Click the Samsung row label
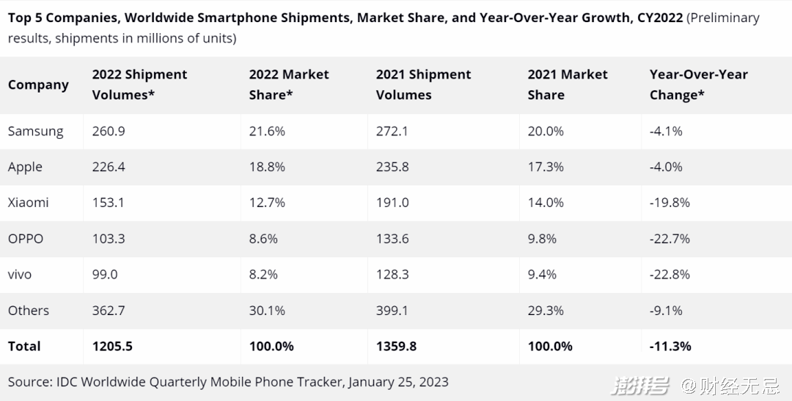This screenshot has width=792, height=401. click(35, 131)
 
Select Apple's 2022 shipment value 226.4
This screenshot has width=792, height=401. click(109, 167)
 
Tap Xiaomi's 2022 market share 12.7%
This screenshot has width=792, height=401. click(267, 202)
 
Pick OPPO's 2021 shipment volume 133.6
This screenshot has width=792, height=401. click(392, 239)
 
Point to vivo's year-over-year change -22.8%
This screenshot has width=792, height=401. click(670, 274)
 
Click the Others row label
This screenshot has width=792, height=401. click(29, 311)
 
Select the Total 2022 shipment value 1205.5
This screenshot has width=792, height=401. click(112, 346)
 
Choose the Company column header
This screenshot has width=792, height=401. click(38, 84)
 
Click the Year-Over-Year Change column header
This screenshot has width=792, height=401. click(698, 84)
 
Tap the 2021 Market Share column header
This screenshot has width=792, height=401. click(568, 84)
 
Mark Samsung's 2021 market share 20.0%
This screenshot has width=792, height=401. click(546, 131)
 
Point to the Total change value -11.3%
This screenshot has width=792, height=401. click(670, 346)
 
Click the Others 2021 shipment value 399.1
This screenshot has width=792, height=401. click(392, 311)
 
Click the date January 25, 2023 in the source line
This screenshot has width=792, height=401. click(398, 382)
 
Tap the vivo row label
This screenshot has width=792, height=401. click(20, 274)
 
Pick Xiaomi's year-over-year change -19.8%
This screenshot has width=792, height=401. click(670, 202)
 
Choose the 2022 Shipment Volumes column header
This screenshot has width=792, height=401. click(139, 84)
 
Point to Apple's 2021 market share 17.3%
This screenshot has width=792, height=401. click(546, 167)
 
